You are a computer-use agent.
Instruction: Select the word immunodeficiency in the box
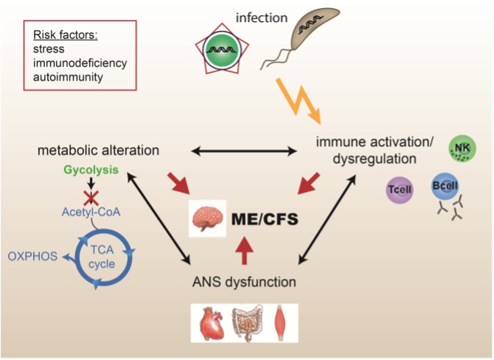pyautogui.click(x=80, y=63)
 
